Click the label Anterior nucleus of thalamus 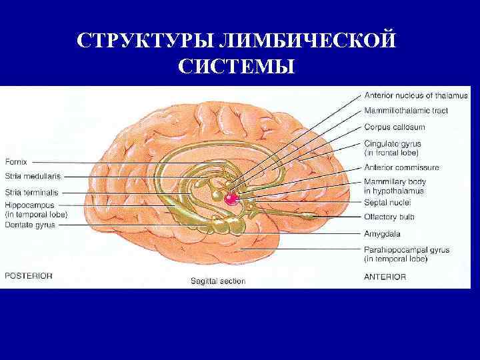click(x=415, y=95)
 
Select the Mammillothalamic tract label click(x=405, y=111)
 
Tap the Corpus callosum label click(x=395, y=127)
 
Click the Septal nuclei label click(x=387, y=201)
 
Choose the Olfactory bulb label click(x=389, y=217)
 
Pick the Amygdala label click(x=382, y=233)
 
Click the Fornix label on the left click(x=16, y=161)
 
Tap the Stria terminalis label click(x=31, y=192)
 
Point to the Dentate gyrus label click(x=30, y=225)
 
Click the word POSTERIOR click(x=29, y=275)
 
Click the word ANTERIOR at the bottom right click(x=385, y=276)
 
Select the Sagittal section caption click(x=217, y=281)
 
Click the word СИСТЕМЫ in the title click(x=236, y=67)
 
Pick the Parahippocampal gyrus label click(x=407, y=250)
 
